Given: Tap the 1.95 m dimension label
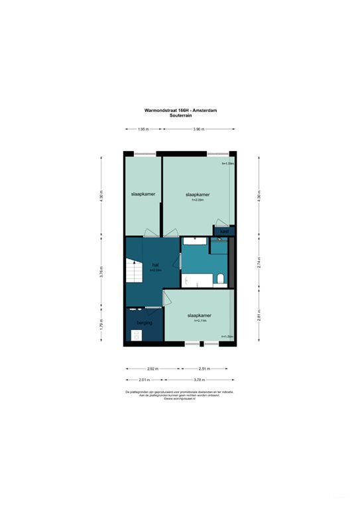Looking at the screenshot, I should pos(143,130).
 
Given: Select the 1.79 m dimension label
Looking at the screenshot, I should pos(101,325).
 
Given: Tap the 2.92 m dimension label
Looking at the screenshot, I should pos(152,369).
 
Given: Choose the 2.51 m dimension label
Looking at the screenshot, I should pos(205,369).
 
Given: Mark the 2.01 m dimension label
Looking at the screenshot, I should pos(144,380).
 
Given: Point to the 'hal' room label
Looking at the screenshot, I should pos(155,264).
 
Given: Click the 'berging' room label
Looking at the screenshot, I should pos(144,323).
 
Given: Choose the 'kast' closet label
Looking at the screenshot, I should pos(225,231).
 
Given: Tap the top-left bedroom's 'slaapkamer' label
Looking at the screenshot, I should pos(143,194).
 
